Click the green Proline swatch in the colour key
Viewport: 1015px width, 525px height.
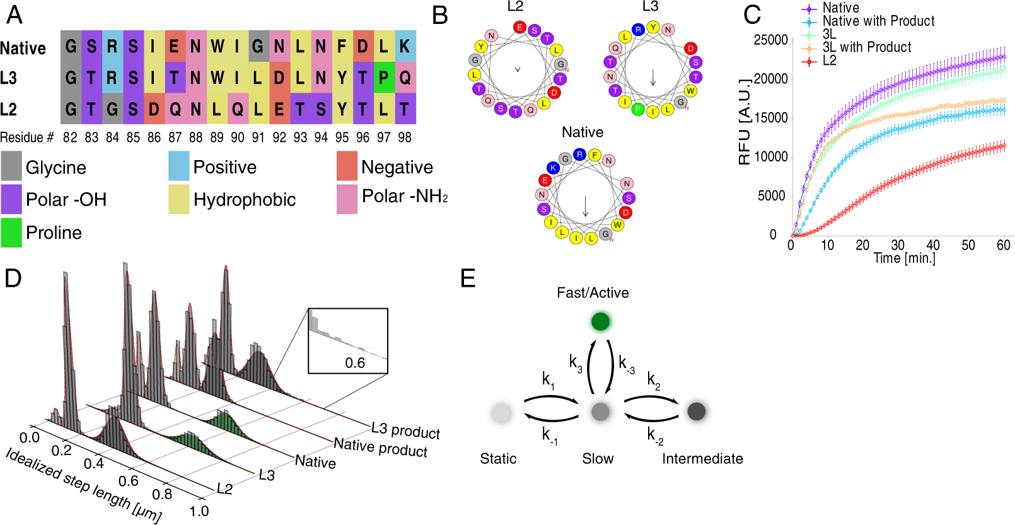tap(11, 233)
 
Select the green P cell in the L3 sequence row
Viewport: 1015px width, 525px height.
tap(384, 77)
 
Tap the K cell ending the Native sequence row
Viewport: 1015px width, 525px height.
tap(405, 46)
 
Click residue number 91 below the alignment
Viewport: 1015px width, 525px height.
tap(258, 137)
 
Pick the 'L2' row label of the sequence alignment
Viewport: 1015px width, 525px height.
tap(8, 109)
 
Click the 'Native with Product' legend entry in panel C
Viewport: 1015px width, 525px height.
tap(878, 21)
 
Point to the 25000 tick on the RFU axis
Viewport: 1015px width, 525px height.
tap(770, 40)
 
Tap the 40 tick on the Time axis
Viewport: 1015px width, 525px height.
tap(932, 245)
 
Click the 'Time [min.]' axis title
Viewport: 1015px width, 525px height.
tap(904, 258)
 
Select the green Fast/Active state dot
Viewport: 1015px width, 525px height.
tap(600, 321)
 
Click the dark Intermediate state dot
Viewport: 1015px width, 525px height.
tap(696, 412)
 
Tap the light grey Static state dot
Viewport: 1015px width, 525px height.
tap(501, 413)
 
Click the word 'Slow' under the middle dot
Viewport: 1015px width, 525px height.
tap(598, 459)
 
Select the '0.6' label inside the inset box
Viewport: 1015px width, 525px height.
tap(354, 363)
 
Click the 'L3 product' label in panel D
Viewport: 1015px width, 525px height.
tap(405, 431)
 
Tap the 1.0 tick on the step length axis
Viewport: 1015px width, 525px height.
tap(199, 511)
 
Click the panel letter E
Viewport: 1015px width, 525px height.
tap(468, 278)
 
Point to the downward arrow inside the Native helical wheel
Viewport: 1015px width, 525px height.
tap(585, 206)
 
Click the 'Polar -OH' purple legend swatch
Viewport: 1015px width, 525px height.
tap(11, 199)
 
